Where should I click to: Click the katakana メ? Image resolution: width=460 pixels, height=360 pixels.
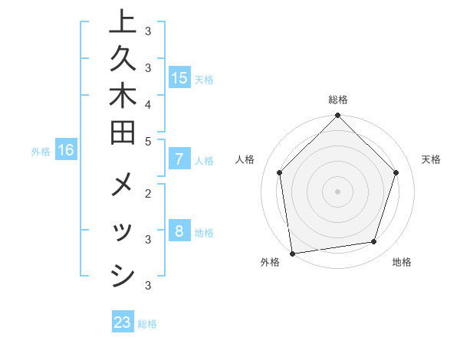122,188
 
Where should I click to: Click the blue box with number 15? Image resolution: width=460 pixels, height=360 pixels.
179,78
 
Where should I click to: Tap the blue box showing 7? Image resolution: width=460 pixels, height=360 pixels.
179,159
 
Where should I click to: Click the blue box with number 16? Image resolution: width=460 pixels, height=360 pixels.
66,151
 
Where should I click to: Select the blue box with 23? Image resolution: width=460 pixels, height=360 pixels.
123,322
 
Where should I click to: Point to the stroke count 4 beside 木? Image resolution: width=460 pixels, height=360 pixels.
147,103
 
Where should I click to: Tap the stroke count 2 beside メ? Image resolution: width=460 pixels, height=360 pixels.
147,194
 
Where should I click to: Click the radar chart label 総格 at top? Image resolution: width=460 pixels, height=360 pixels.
337,100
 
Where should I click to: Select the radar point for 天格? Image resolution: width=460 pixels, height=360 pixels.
396,172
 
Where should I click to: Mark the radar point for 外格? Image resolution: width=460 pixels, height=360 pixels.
292,253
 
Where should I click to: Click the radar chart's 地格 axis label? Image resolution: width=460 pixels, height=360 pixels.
402,263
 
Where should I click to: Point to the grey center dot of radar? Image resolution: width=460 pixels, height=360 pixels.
337,191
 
